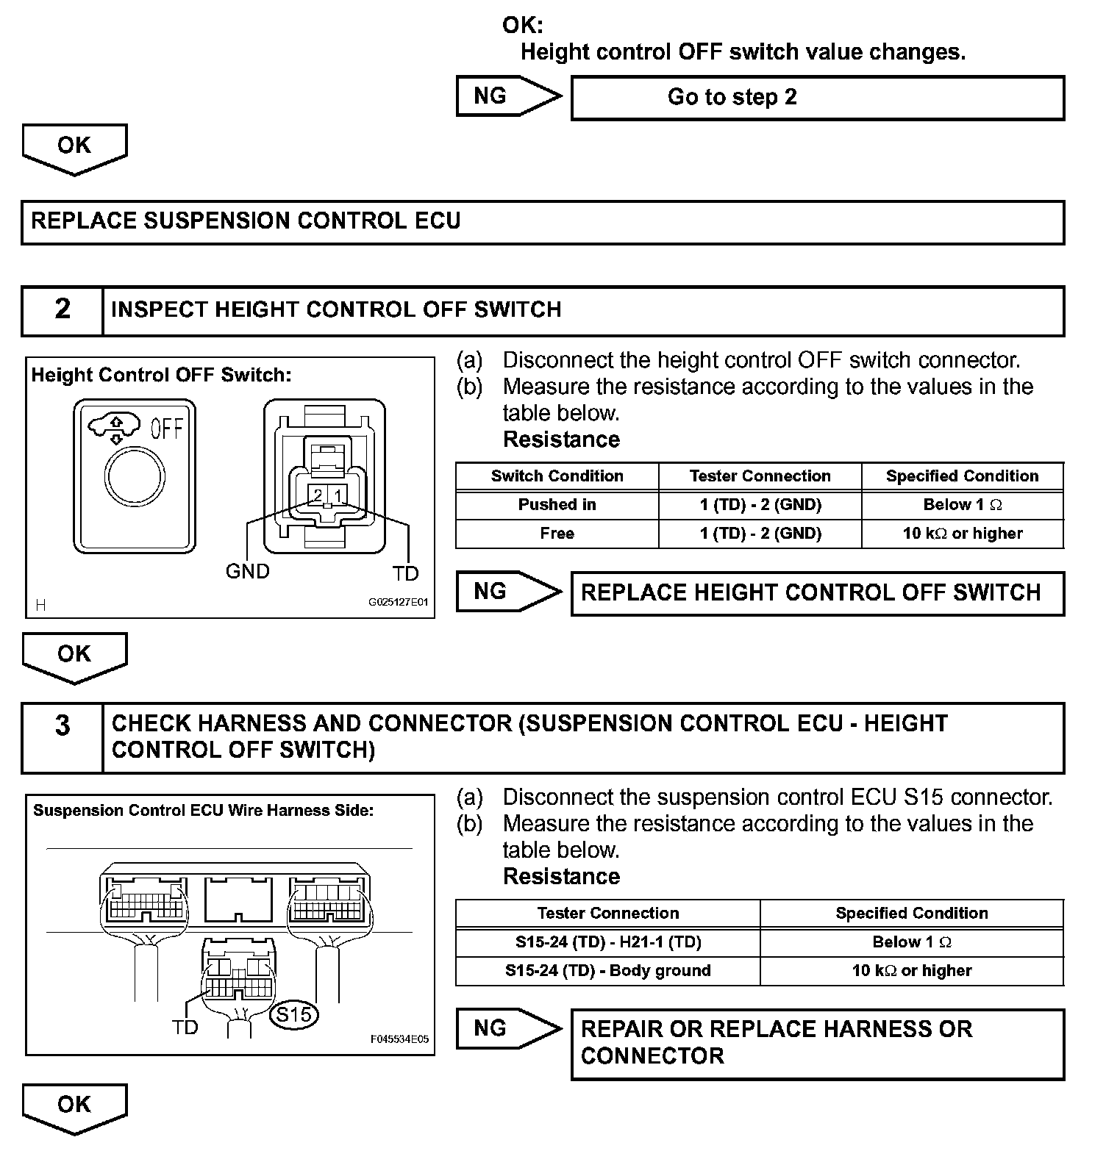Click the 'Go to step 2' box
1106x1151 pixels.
(x=817, y=98)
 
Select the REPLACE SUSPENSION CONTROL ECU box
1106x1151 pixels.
(x=542, y=222)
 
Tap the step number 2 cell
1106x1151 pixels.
(x=63, y=309)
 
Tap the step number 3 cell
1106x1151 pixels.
(x=63, y=737)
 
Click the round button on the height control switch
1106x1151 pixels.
(x=135, y=477)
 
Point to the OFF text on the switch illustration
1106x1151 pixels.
(x=166, y=428)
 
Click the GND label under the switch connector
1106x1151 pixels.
(x=247, y=571)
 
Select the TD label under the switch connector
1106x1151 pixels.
(x=405, y=573)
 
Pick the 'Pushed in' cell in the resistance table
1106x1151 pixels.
(x=557, y=505)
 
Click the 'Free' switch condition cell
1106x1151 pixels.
(x=557, y=534)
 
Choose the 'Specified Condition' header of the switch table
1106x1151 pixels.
(x=962, y=476)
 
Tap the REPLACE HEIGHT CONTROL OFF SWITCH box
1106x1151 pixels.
(x=817, y=593)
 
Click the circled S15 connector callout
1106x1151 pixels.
(x=294, y=1015)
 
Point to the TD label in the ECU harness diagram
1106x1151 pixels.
(x=185, y=1027)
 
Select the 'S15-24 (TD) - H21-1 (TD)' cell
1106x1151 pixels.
(x=607, y=942)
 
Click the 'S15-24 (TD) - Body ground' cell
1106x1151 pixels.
(x=607, y=971)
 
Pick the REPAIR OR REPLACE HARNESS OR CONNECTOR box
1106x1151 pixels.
(x=817, y=1044)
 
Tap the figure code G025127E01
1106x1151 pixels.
(x=398, y=602)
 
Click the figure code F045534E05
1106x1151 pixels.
(x=399, y=1039)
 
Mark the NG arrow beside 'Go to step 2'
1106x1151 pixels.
(x=507, y=96)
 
